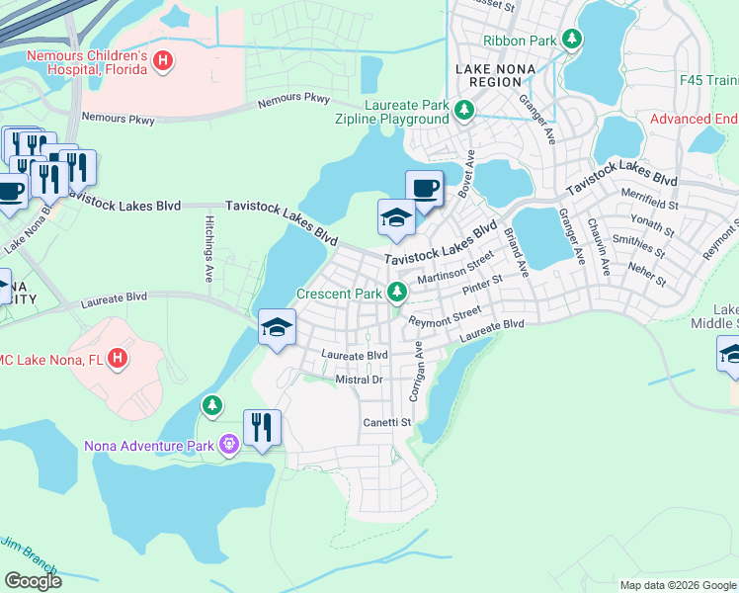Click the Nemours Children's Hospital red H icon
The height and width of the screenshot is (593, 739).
(x=164, y=62)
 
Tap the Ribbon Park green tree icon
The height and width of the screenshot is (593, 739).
(x=571, y=41)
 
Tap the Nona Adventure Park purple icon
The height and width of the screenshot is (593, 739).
(x=229, y=446)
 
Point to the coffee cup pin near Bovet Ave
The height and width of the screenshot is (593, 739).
(x=424, y=188)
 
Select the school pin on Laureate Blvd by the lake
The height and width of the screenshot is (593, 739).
(x=278, y=327)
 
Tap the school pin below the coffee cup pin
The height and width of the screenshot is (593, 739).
(x=396, y=217)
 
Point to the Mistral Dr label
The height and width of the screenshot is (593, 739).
(x=358, y=380)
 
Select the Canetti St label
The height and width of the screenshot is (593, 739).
(x=385, y=423)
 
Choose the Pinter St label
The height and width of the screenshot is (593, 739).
(x=481, y=283)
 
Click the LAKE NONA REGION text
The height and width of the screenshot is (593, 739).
(x=488, y=75)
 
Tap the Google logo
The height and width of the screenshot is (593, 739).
(x=33, y=581)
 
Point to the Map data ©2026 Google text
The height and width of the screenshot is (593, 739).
(x=677, y=585)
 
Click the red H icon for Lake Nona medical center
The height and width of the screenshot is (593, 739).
(x=118, y=357)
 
